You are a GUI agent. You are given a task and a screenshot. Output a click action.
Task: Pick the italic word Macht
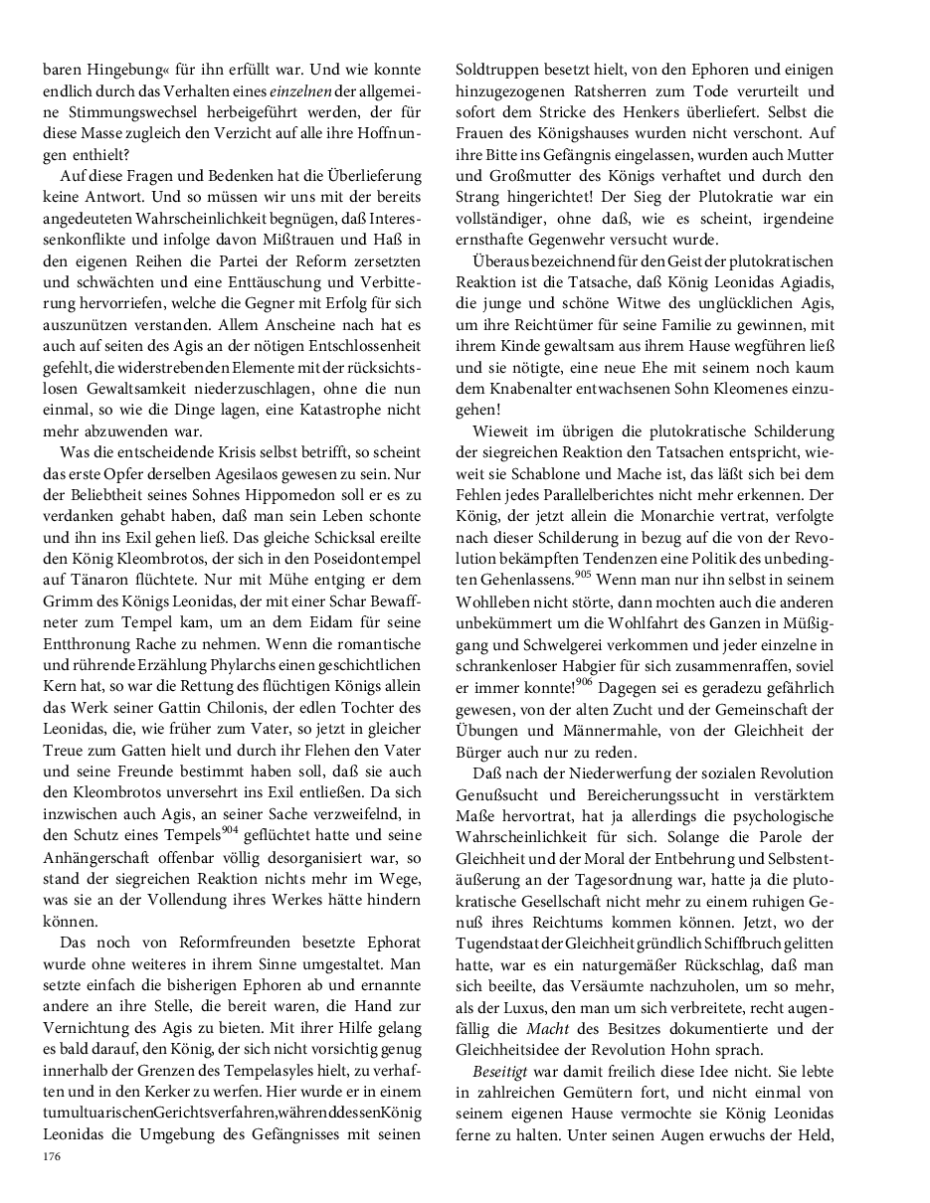tap(547, 1029)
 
